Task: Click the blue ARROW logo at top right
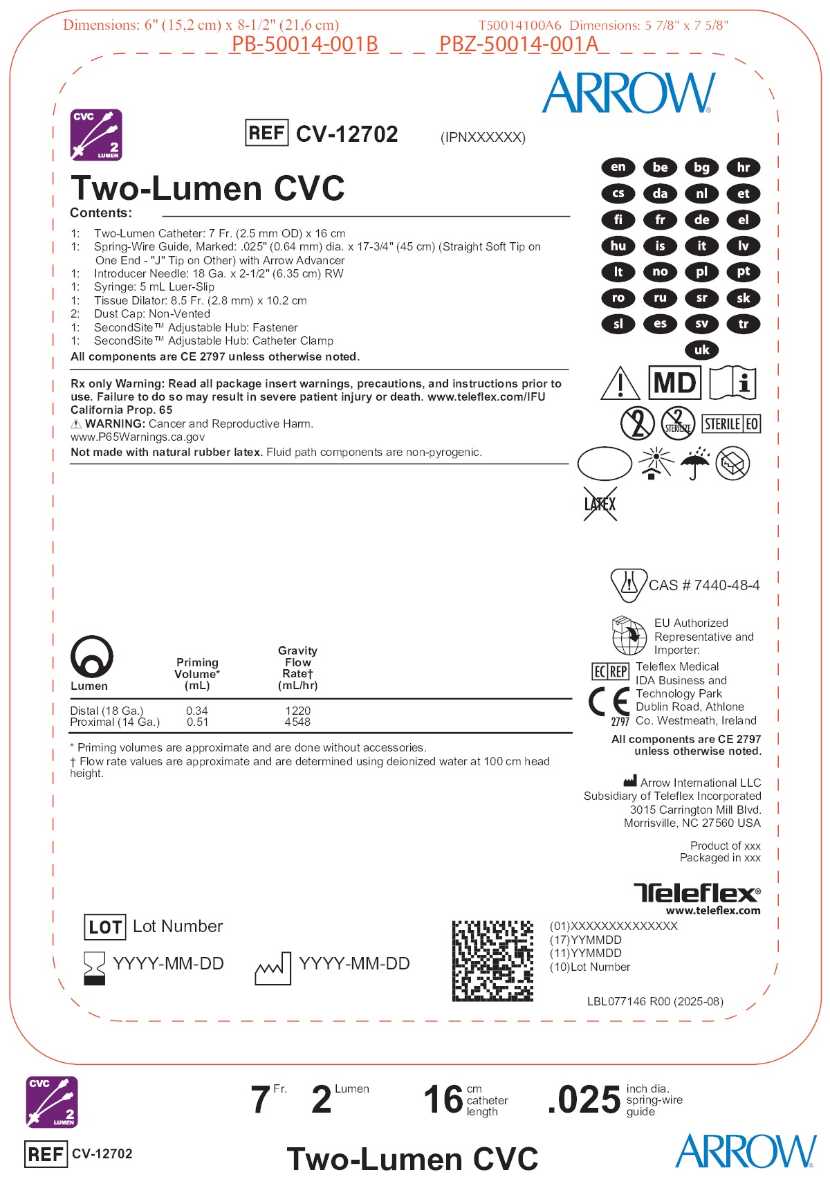click(x=628, y=93)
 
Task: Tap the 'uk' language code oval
click(x=701, y=350)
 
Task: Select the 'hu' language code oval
click(x=618, y=246)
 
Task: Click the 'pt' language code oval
click(x=744, y=272)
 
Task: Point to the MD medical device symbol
click(x=674, y=383)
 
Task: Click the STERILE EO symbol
click(x=731, y=423)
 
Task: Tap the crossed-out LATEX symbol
click(x=600, y=504)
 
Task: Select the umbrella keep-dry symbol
click(x=694, y=463)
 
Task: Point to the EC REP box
click(x=610, y=671)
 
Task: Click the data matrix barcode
click(x=492, y=960)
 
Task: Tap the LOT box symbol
click(x=104, y=927)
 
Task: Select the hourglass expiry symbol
click(x=94, y=967)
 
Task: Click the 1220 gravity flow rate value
click(x=297, y=711)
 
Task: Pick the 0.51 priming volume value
click(x=197, y=722)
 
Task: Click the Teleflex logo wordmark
click(x=697, y=893)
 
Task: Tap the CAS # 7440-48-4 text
click(x=703, y=585)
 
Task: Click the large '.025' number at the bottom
click(x=584, y=1100)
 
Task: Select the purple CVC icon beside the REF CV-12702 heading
click(x=96, y=134)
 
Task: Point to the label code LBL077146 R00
click(x=654, y=1001)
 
